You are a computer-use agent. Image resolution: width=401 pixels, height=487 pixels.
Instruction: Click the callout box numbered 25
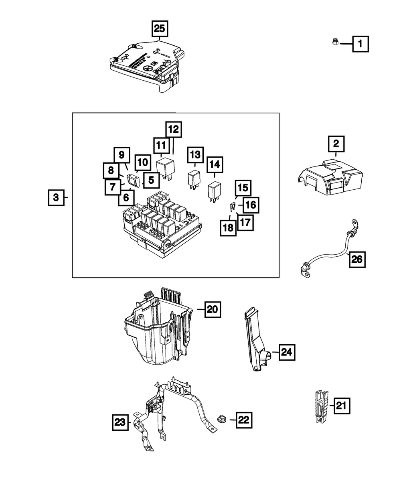160,29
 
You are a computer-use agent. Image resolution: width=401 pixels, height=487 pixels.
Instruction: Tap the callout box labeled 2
336,144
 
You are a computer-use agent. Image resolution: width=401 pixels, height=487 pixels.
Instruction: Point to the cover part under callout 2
330,177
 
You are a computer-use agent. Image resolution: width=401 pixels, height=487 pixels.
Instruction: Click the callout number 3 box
56,197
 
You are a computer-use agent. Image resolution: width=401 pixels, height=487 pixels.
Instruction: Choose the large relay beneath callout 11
165,169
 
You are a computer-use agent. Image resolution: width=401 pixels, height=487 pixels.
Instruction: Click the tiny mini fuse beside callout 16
232,207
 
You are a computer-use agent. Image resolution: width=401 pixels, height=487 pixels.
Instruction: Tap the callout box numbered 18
228,228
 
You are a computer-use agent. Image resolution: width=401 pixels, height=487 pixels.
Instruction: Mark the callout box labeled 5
151,180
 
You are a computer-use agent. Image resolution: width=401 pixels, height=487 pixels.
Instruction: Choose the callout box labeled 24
287,359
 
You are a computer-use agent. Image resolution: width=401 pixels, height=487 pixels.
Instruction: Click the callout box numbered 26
357,260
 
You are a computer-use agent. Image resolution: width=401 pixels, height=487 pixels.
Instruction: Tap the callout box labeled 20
213,310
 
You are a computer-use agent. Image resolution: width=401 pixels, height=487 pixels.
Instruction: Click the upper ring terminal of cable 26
355,224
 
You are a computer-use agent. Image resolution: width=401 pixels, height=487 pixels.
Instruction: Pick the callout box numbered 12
174,130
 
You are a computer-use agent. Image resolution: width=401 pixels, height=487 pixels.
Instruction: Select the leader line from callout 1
346,44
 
